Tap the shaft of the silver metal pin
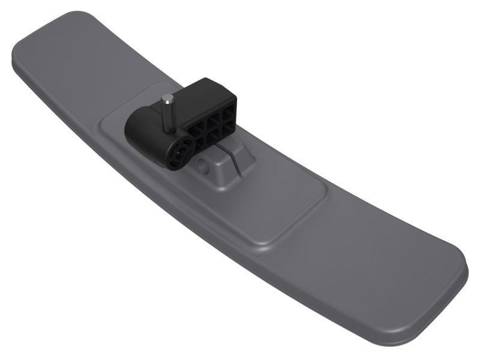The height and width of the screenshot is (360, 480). [x=167, y=114]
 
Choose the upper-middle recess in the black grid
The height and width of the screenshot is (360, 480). [x=212, y=120]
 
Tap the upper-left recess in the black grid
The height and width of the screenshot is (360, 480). [x=196, y=127]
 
